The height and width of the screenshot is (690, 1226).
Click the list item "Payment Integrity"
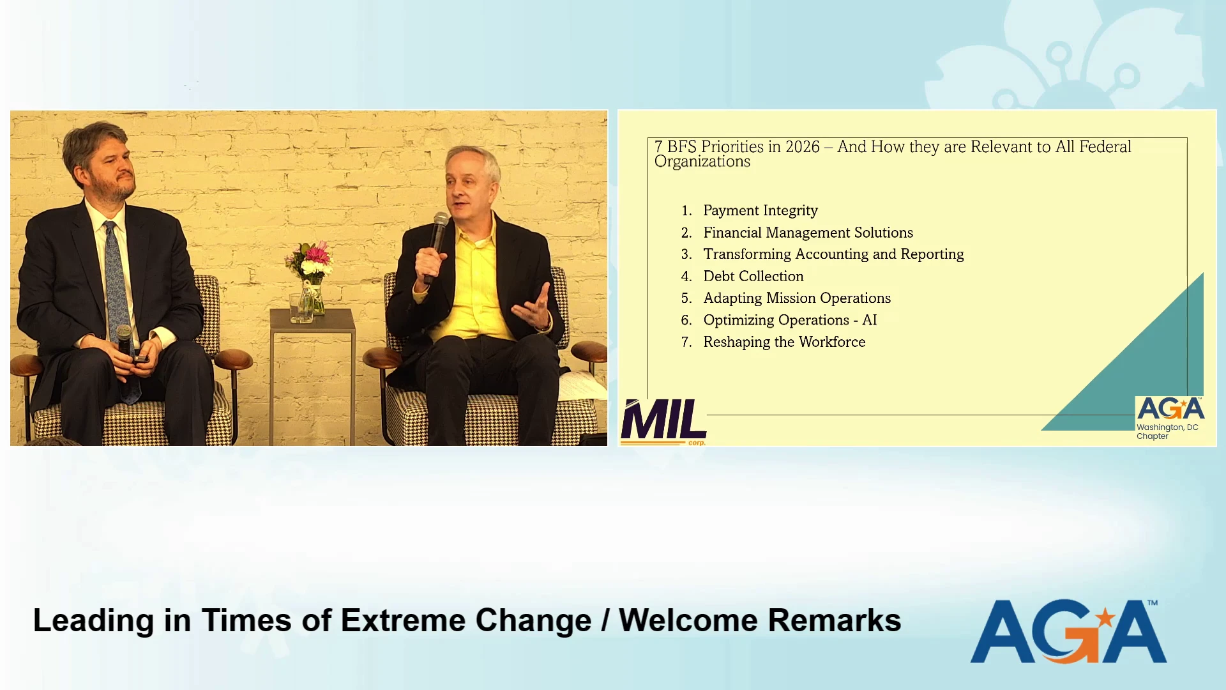click(760, 211)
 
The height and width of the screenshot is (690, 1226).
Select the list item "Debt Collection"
click(753, 276)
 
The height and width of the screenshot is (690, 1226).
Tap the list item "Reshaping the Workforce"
click(784, 342)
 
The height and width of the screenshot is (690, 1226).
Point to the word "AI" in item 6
click(870, 320)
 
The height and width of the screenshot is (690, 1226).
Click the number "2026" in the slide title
click(803, 147)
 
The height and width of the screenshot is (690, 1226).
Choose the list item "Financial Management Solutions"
click(808, 233)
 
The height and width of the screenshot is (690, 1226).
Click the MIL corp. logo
click(663, 422)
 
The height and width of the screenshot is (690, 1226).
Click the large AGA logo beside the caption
click(1069, 631)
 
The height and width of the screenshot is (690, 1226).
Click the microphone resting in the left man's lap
click(125, 348)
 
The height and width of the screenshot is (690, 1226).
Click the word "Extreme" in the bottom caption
click(402, 620)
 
